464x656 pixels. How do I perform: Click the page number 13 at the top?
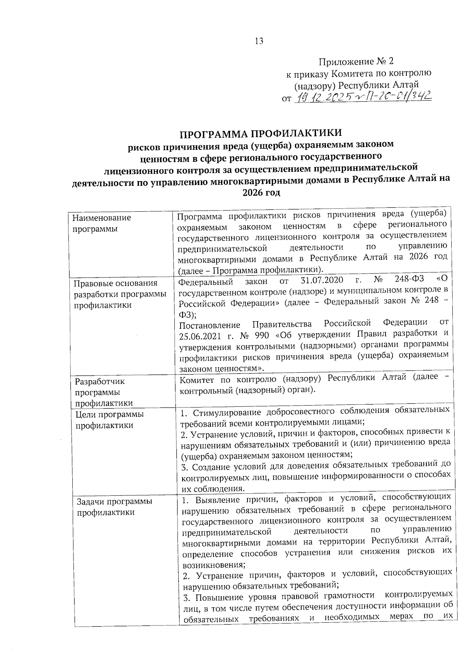[x=259, y=41]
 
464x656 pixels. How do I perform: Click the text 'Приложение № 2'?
[x=356, y=62]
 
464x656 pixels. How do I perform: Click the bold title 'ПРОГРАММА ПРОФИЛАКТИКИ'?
[x=261, y=134]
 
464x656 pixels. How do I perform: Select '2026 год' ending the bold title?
[x=261, y=192]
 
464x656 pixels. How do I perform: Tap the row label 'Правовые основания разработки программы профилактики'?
[x=120, y=294]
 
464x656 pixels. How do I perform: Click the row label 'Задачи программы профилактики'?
[x=114, y=507]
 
